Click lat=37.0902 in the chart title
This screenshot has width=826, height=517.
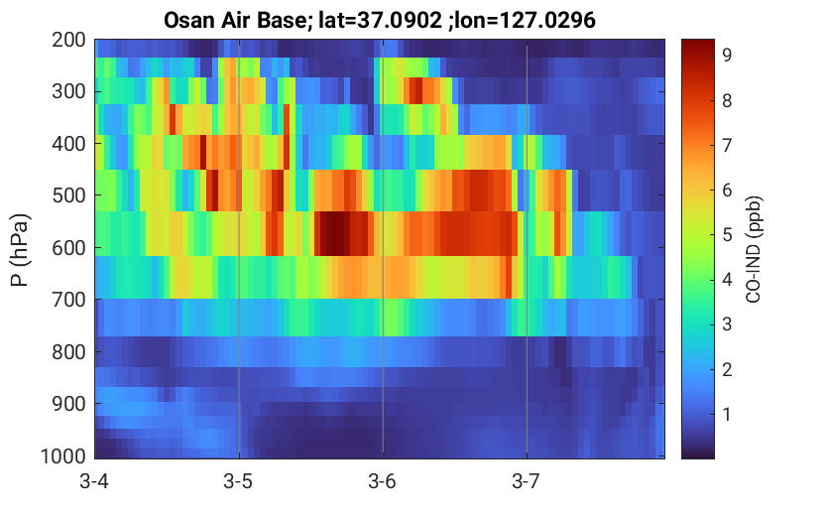379,21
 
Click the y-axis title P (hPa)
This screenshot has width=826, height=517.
20,250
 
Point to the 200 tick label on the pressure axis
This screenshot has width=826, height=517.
69,40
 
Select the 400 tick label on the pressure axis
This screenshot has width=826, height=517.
69,143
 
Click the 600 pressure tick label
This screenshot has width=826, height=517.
69,248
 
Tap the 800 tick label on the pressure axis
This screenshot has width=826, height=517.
69,352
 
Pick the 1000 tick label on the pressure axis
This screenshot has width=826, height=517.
63,456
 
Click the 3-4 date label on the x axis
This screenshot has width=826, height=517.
94,481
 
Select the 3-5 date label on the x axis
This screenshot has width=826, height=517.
238,481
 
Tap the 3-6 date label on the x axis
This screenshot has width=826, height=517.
383,481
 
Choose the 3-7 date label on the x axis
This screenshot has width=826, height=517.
527,481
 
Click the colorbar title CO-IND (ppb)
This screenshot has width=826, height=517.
754,249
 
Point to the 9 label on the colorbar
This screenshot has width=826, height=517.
727,55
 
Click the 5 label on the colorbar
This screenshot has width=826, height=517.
727,234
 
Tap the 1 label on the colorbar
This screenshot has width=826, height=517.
727,414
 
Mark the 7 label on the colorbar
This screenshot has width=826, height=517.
727,145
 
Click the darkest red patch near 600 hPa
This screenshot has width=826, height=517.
335,233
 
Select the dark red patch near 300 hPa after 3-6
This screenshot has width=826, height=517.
415,90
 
